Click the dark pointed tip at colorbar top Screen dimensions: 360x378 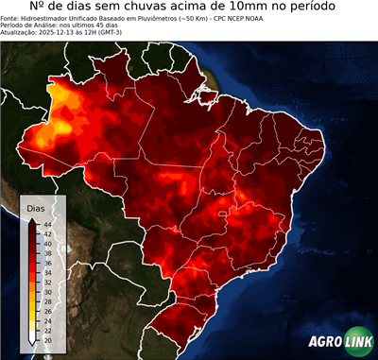[33, 218]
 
